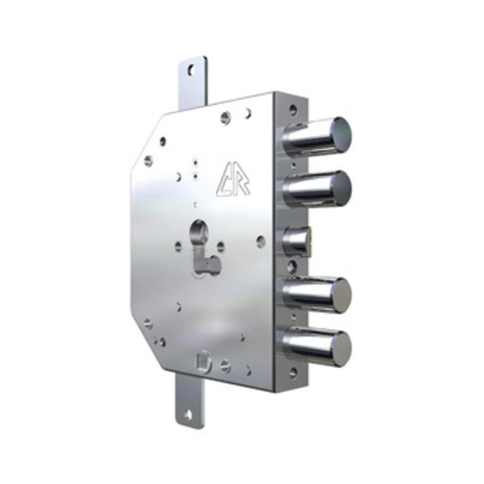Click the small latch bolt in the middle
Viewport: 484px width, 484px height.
298,240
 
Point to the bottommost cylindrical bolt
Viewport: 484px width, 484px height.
321,344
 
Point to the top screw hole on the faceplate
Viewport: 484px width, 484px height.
293,110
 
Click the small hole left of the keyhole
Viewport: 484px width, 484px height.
178,246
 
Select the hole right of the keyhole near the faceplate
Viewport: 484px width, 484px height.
261,240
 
